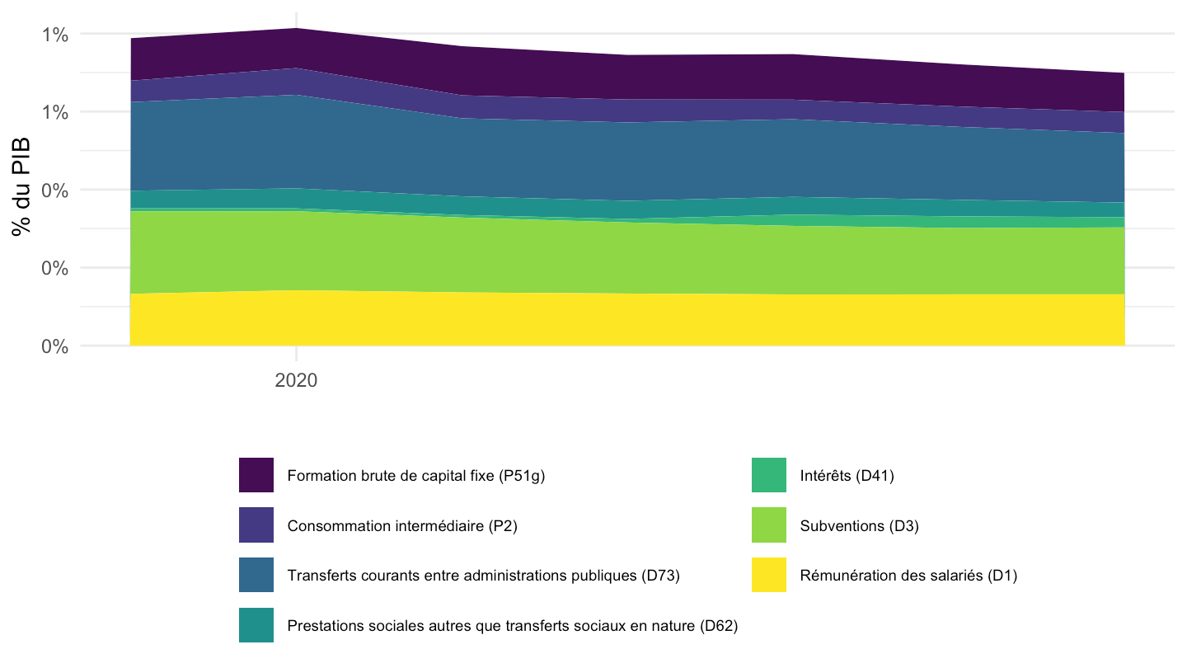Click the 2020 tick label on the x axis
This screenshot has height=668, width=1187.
[296, 380]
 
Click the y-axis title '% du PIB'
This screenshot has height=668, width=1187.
[21, 186]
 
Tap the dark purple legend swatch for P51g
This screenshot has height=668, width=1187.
[256, 475]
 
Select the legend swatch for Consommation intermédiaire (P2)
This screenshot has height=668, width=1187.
[256, 525]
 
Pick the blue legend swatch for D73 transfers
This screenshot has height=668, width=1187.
[256, 575]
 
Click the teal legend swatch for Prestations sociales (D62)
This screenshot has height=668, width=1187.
[256, 625]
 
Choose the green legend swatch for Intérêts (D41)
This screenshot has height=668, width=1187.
[769, 475]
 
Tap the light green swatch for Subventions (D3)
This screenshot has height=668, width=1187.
[769, 525]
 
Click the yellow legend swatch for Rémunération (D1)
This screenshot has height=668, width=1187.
[769, 575]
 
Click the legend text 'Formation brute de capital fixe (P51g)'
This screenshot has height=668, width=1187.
[416, 476]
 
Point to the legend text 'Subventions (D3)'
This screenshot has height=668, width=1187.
[860, 526]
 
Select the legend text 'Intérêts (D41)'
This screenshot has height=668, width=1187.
[847, 476]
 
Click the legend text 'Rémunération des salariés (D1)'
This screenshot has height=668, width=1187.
[908, 576]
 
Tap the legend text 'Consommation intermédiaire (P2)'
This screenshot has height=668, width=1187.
[402, 526]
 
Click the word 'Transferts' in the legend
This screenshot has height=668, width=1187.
[321, 576]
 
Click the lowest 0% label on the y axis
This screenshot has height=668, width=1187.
[54, 346]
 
